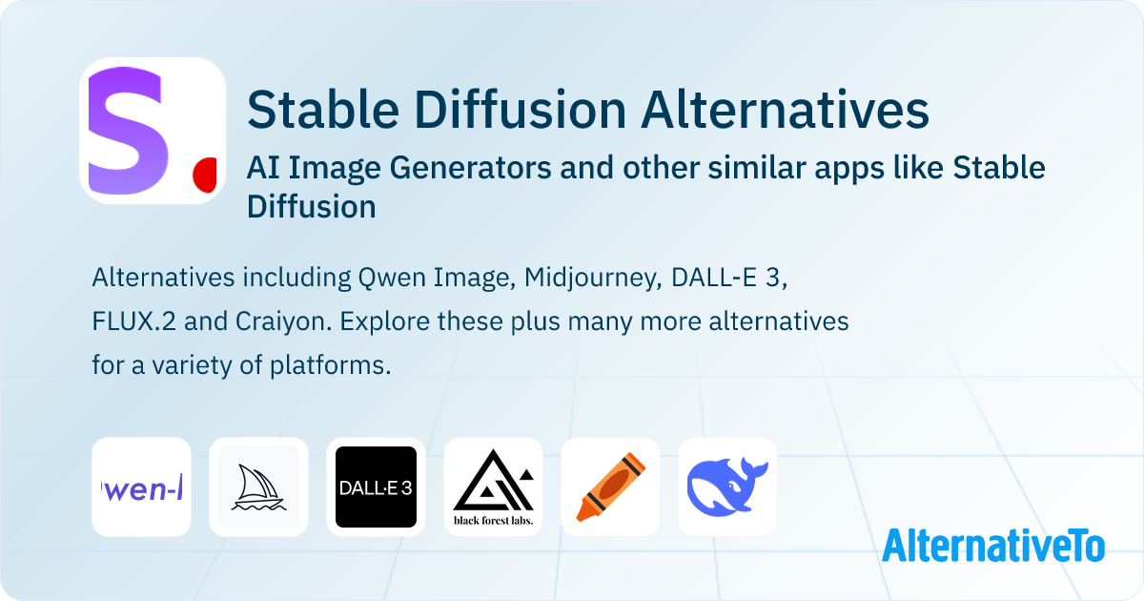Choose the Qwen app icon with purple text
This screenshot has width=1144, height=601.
point(141,487)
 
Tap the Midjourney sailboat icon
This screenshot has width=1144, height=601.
point(258,487)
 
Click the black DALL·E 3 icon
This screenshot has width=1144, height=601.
point(376,487)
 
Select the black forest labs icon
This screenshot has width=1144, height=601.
point(493,487)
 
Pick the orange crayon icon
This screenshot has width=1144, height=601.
point(610,487)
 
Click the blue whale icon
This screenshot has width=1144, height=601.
point(727,487)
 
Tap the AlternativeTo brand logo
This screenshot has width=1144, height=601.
point(992,546)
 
